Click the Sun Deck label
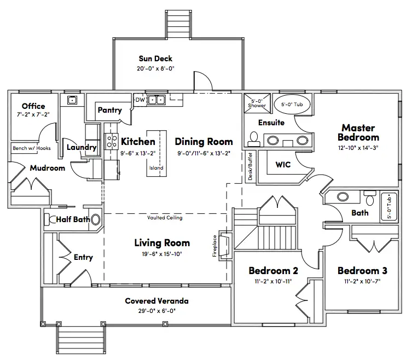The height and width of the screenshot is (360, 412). click(x=155, y=59)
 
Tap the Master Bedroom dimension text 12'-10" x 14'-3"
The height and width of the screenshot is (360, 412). click(x=358, y=147)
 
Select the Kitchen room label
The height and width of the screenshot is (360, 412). click(x=138, y=142)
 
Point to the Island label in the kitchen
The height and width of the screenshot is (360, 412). click(x=156, y=167)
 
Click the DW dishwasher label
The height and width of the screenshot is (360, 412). click(x=140, y=100)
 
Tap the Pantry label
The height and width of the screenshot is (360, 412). click(x=109, y=110)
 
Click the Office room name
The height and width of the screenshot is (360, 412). click(x=33, y=106)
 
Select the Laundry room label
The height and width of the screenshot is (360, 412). click(x=82, y=147)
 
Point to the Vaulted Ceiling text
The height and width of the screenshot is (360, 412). click(x=165, y=218)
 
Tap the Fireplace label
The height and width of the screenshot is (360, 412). click(x=214, y=246)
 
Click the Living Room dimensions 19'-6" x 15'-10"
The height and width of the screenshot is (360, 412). click(x=162, y=253)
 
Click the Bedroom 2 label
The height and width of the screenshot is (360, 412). click(x=273, y=271)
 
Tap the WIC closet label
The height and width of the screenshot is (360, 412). click(x=283, y=164)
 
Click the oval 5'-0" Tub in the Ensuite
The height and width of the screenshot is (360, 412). click(x=295, y=103)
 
